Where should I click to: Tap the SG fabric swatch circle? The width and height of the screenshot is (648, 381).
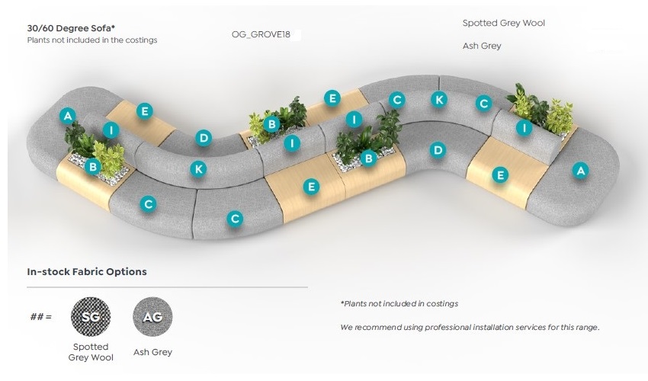coord(90,316)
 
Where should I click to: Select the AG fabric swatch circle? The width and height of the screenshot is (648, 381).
coord(152,316)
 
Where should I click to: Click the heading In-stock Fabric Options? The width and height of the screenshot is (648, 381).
coord(87,271)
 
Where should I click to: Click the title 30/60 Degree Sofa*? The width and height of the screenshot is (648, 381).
coord(71,28)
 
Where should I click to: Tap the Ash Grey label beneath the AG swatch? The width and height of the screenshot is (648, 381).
coord(152,352)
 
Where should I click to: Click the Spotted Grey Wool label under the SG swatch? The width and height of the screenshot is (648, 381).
coord(90,352)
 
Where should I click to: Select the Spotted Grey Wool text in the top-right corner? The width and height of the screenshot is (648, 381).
coord(503,24)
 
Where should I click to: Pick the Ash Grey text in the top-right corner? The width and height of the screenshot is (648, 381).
coord(482,46)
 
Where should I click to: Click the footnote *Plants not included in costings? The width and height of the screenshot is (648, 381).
coord(399,303)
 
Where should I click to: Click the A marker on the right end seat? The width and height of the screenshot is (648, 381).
coord(581,171)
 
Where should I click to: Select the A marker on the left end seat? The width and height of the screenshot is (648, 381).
coord(69,116)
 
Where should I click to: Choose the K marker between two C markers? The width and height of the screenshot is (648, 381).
coord(438,99)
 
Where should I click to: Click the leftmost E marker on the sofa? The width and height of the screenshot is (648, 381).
coord(145,111)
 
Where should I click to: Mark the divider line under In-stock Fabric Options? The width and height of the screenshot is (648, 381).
coord(168,287)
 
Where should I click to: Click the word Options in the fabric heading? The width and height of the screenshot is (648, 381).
coord(128,271)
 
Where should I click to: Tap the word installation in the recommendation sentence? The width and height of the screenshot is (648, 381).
coord(500,327)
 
